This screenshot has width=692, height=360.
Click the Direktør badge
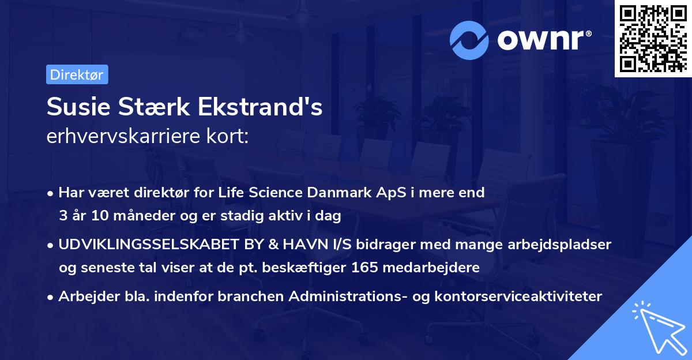click(x=77, y=74)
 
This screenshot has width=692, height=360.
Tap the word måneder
click(x=130, y=216)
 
